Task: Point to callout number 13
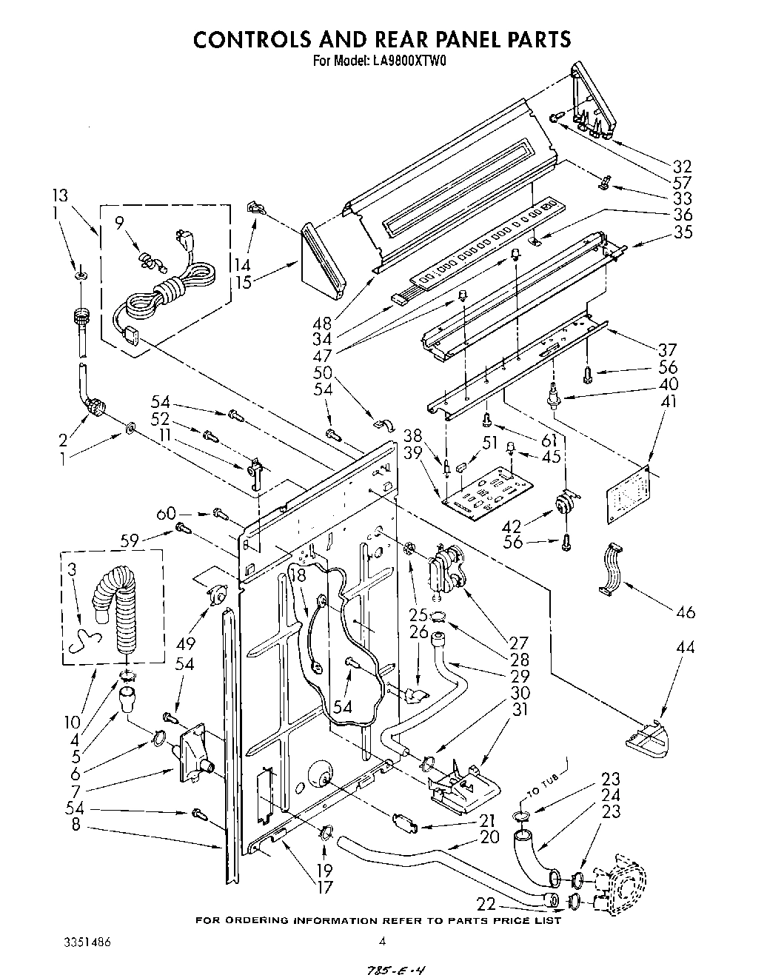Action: point(60,195)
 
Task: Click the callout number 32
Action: point(682,167)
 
